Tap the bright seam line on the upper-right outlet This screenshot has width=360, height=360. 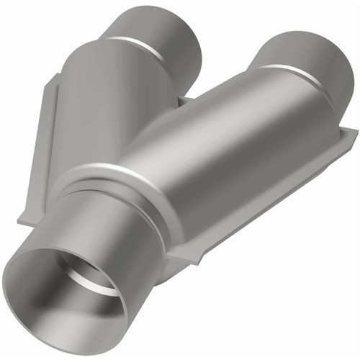(x=288, y=72)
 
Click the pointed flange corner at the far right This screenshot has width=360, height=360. (x=354, y=132)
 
